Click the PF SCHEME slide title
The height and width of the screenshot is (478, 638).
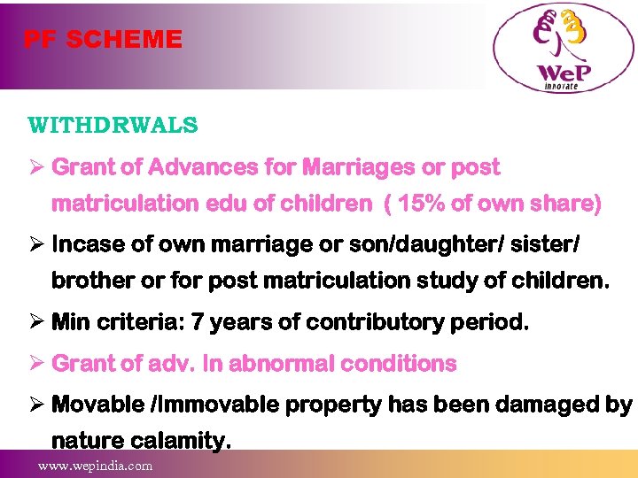103,40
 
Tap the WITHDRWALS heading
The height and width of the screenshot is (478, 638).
113,125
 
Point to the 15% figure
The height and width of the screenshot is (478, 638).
421,204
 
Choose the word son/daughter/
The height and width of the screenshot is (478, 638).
406,243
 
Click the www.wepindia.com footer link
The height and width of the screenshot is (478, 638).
94,466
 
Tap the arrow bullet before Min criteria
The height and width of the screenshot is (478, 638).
35,323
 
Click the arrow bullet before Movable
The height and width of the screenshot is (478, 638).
35,405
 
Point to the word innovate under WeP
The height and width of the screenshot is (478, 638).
559,86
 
